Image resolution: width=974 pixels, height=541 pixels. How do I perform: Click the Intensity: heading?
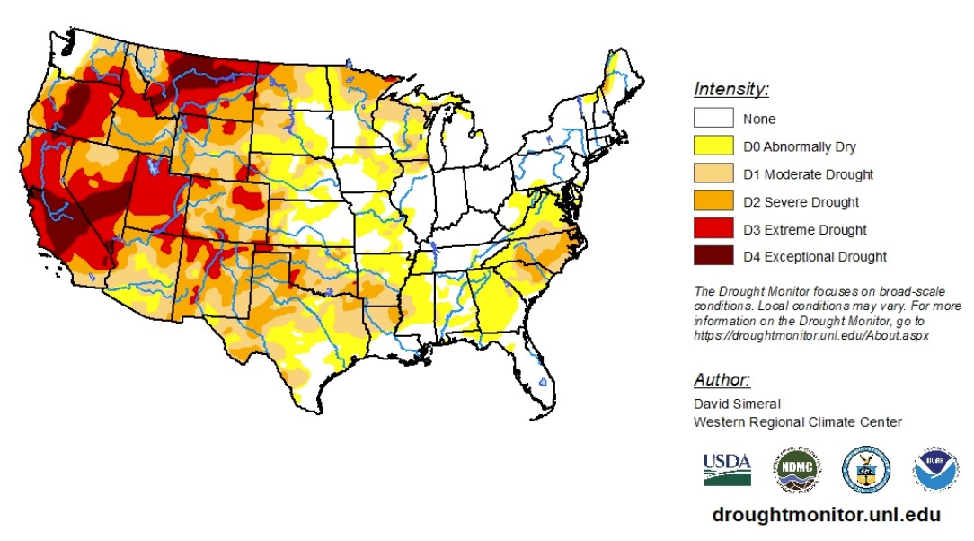click(731, 89)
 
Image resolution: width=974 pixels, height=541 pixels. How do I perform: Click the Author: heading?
click(722, 379)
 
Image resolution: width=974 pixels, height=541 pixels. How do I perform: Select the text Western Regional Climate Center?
click(797, 422)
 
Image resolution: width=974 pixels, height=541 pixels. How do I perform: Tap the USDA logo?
click(726, 468)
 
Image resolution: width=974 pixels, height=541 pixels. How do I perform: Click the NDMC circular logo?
click(797, 469)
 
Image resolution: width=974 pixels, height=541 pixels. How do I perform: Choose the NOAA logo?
click(935, 469)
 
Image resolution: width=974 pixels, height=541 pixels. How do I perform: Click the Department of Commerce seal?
click(866, 469)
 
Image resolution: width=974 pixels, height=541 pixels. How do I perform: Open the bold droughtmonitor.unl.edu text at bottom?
click(826, 515)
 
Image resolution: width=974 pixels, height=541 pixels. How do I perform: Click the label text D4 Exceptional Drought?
click(815, 257)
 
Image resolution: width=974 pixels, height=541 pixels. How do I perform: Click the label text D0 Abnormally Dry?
click(800, 146)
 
